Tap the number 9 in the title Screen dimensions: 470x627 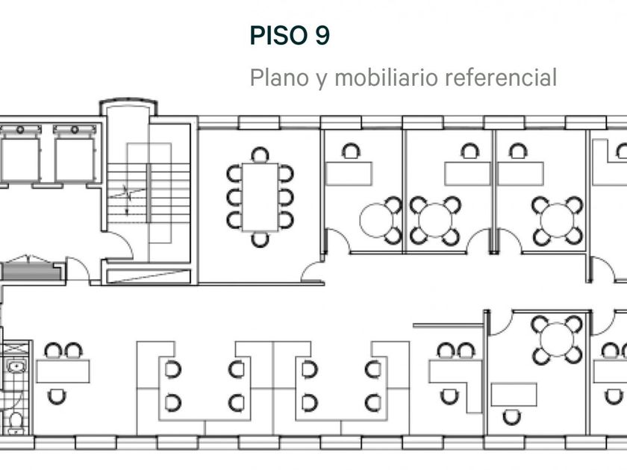[322, 36]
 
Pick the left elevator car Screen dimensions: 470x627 [19, 157]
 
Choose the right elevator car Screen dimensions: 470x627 [74, 157]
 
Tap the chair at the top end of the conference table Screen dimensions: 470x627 [260, 155]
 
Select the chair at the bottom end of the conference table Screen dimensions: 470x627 [260, 239]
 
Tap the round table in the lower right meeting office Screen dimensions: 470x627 [555, 339]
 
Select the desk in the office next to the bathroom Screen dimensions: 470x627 [63, 371]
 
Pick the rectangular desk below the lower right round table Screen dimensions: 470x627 [514, 394]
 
